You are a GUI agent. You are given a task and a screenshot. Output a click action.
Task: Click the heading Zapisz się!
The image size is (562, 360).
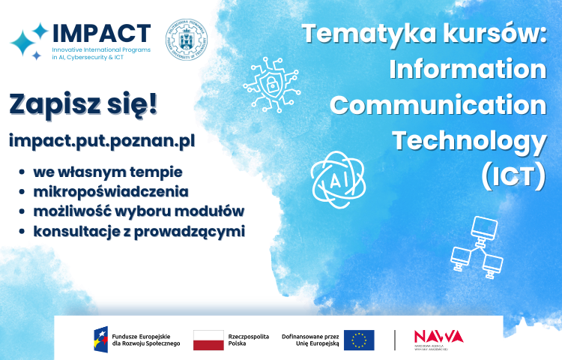83,104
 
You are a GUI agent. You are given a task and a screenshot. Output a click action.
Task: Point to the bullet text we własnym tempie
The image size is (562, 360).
108,171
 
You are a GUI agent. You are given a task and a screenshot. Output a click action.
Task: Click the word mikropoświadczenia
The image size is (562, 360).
110,191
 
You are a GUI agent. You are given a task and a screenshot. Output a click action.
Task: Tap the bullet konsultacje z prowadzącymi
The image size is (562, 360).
139,231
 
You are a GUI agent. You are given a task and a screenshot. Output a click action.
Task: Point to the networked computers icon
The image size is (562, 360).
476,247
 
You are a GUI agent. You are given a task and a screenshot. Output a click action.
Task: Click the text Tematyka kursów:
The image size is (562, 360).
423,34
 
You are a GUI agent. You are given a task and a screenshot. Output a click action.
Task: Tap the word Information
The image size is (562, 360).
468,70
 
